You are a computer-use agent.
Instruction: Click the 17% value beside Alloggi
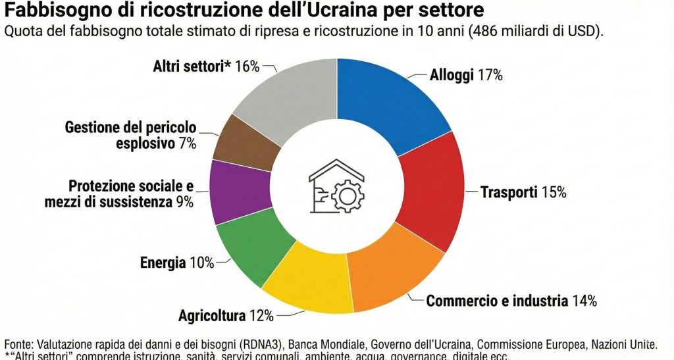(x=490, y=76)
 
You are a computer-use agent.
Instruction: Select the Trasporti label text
(x=509, y=193)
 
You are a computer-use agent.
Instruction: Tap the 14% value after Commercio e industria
(x=584, y=301)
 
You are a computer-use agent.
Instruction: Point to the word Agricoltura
(x=212, y=315)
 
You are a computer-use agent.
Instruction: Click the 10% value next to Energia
(x=201, y=263)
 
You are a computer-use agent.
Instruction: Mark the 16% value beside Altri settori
(x=247, y=66)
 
